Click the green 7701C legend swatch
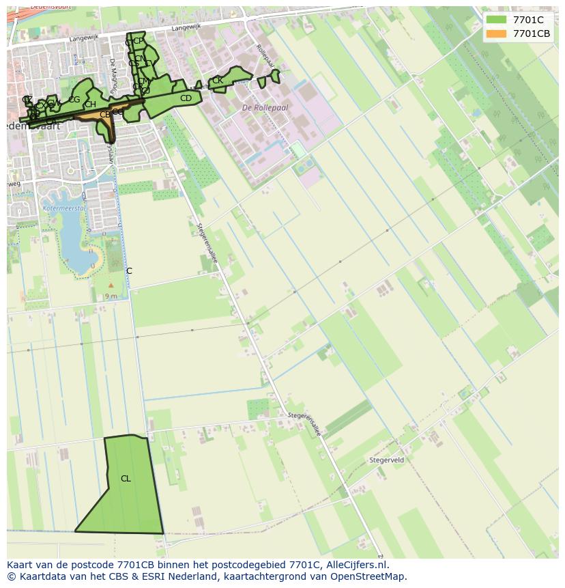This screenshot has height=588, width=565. pos(496,20)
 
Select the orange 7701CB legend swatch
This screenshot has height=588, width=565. pos(496,33)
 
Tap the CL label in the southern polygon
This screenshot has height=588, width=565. pos(126,479)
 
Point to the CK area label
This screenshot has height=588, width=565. pos(217,81)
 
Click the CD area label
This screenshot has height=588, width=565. pos(186,98)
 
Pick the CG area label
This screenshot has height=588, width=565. pos(74,100)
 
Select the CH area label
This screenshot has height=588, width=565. pos(90,104)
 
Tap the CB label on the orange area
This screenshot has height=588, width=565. pos(104,115)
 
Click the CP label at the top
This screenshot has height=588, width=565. pos(139,41)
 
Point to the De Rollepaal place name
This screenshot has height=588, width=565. pos(265,108)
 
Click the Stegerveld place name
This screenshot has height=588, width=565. pos(386,460)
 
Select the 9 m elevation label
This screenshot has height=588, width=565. pos(111,296)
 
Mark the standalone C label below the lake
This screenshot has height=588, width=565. pos(129,271)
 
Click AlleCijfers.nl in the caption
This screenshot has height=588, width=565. pos(358,565)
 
